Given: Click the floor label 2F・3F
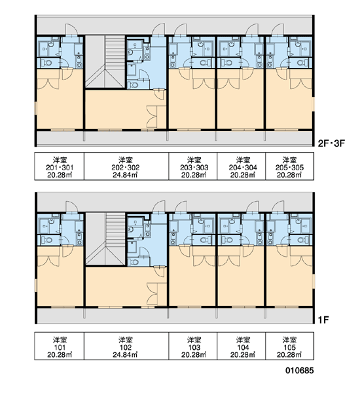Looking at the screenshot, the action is click(331, 143).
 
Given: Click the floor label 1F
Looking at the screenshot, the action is click(323, 320).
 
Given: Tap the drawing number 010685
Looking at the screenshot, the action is click(299, 370).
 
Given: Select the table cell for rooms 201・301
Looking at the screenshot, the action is click(60, 166).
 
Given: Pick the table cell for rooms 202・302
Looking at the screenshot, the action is click(126, 166).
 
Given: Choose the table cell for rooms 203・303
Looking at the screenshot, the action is click(193, 166).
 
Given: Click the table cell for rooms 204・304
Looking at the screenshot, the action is click(242, 166).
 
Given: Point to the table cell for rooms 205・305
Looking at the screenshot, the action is click(289, 166).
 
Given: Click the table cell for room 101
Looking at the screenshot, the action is click(60, 346).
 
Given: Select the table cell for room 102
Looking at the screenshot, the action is click(126, 346).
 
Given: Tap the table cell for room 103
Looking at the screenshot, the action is click(193, 346).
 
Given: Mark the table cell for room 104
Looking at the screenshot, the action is click(242, 346).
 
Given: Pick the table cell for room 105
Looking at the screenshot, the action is click(289, 346).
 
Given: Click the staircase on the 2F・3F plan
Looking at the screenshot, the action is click(105, 62).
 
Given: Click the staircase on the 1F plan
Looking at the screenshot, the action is click(105, 238).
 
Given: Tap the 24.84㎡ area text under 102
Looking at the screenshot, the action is click(125, 354).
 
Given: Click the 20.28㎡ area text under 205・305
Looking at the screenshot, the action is click(289, 175).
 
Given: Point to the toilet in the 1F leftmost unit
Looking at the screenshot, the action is click(47, 240).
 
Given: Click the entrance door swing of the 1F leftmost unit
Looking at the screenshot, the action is click(72, 207).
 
